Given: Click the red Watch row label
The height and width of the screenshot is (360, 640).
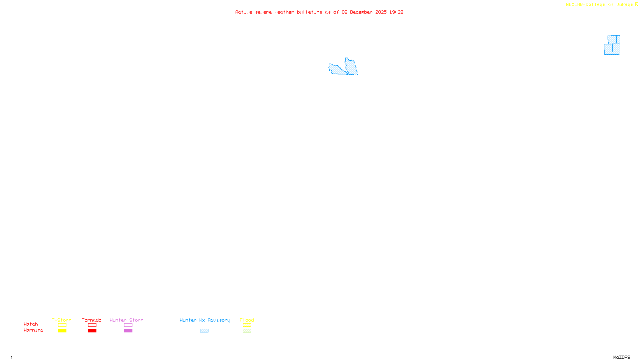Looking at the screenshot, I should [x=31, y=324].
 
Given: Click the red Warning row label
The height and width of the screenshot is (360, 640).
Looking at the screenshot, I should [x=33, y=330].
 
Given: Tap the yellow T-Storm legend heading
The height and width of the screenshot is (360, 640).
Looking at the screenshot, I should [x=62, y=320].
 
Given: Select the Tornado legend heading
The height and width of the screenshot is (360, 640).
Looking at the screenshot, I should [x=92, y=320].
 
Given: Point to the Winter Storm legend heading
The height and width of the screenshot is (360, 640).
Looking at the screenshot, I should [x=126, y=320].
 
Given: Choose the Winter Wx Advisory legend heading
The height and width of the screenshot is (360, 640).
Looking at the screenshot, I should [x=205, y=320].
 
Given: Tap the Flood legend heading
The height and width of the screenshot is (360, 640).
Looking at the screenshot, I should [x=247, y=320].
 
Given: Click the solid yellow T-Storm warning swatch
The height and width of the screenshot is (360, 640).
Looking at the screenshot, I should [x=62, y=331].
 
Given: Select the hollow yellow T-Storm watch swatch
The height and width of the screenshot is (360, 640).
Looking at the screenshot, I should [x=62, y=325].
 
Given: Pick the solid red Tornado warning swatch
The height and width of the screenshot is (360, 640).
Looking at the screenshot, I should [x=92, y=331].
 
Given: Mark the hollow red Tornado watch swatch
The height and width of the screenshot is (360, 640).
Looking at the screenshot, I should [x=92, y=325].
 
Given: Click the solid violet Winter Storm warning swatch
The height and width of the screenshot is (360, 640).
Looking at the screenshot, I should [x=128, y=331].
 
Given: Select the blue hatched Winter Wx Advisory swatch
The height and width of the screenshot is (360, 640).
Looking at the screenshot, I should [x=204, y=331].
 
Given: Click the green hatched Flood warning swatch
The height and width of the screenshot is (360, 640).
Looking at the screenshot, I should [x=247, y=331].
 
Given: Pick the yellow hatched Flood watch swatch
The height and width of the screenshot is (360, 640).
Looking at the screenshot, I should [x=247, y=325].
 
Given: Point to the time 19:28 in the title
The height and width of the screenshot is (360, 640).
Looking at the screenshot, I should [x=396, y=12].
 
